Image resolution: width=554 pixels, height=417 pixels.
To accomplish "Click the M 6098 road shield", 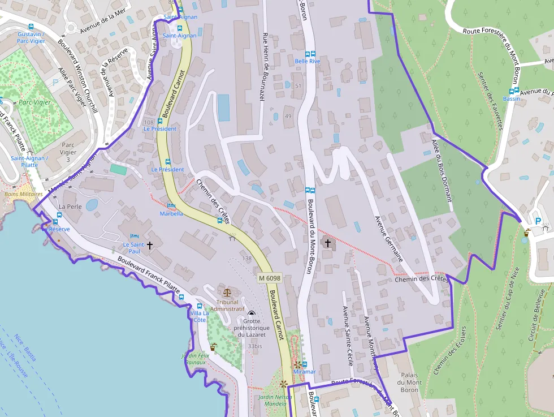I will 270,278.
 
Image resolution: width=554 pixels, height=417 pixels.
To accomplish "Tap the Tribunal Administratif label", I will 227,306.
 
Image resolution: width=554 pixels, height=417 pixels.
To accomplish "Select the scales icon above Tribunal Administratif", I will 227,293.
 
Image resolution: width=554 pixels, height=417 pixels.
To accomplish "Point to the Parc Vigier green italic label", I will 34,102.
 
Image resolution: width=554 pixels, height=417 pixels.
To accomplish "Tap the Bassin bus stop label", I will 511,98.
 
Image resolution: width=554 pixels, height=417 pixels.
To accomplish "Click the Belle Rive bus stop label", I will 308,61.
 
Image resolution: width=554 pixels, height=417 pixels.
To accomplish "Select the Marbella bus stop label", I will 171,214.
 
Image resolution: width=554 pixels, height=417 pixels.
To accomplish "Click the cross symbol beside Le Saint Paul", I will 150,245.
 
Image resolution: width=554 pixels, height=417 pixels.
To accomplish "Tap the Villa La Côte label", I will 200,316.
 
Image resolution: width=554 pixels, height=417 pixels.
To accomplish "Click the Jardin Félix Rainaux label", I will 196,359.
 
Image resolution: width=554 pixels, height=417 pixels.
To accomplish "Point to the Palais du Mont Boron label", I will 410,382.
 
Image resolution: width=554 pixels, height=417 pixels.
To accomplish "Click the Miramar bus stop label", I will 305,372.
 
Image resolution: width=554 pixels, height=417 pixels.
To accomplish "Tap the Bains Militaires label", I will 23,194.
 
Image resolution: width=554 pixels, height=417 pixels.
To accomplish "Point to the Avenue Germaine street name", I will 389,238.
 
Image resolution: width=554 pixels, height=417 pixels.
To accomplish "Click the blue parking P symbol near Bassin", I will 538,221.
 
